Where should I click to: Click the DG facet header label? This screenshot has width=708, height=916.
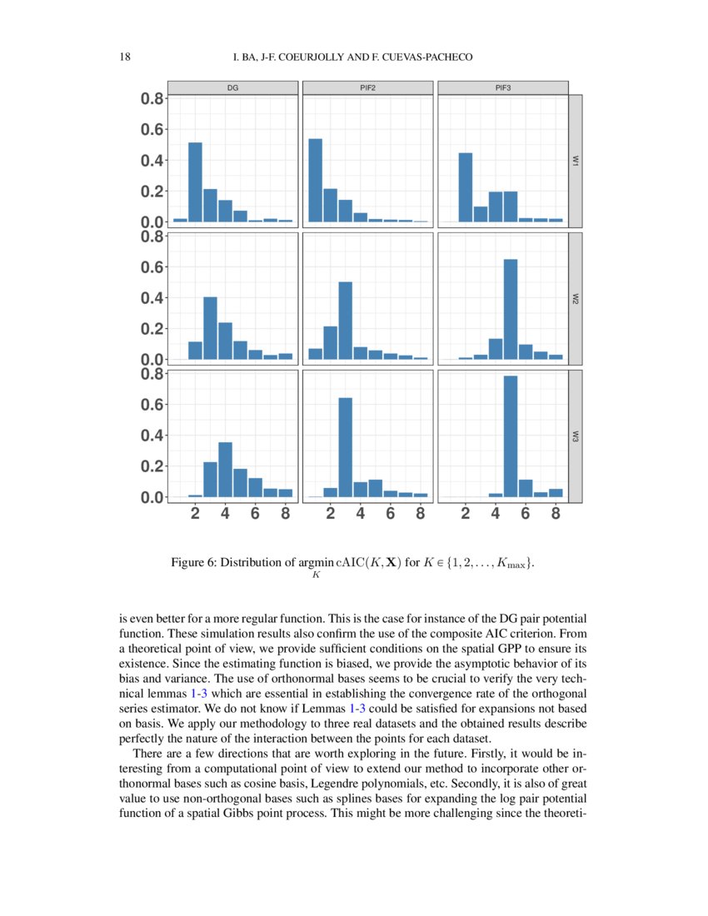(x=232, y=87)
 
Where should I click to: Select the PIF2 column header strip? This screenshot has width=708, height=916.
(x=367, y=87)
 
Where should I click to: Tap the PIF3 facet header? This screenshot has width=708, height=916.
(x=502, y=87)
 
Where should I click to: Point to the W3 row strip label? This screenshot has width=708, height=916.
(x=575, y=436)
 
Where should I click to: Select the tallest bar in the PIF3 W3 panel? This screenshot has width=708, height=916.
(x=511, y=436)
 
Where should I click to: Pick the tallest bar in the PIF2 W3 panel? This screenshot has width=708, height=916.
(x=345, y=447)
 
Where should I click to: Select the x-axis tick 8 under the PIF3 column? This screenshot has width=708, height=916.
(x=556, y=514)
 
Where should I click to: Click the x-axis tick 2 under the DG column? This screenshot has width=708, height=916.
(x=195, y=514)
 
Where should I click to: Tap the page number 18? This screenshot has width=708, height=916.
(x=127, y=57)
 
